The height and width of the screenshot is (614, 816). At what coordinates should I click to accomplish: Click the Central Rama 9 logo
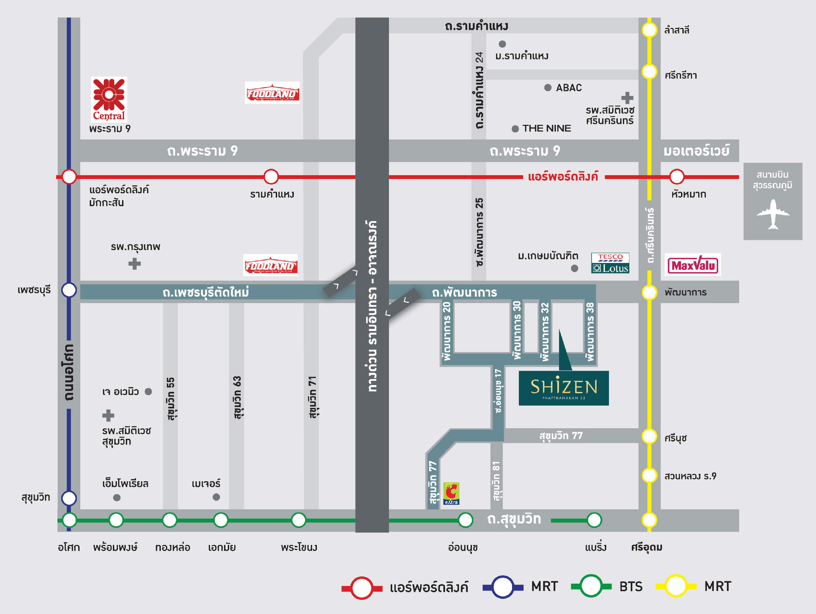pyautogui.click(x=109, y=99)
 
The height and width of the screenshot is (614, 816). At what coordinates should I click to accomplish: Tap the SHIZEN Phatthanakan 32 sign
pyautogui.click(x=563, y=388)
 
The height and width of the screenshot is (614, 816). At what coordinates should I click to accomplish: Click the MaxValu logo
pyautogui.click(x=693, y=265)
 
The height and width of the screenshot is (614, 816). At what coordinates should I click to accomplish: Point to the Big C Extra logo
pyautogui.click(x=451, y=493)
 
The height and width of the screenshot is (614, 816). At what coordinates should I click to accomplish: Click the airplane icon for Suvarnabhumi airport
pyautogui.click(x=773, y=214)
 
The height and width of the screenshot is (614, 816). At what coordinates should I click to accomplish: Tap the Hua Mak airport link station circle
pyautogui.click(x=677, y=177)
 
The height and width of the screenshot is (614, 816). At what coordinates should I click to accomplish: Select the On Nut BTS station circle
pyautogui.click(x=465, y=520)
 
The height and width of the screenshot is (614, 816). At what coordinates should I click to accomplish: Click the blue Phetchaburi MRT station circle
pyautogui.click(x=69, y=290)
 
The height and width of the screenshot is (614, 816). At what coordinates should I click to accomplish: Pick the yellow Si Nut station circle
pyautogui.click(x=649, y=436)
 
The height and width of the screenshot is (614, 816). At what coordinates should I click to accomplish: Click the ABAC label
pyautogui.click(x=568, y=88)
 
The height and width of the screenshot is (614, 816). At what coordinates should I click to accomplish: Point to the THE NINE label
pyautogui.click(x=546, y=128)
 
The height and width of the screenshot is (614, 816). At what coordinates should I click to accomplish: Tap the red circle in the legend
pyautogui.click(x=361, y=587)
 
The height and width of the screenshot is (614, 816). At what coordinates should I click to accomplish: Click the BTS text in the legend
pyautogui.click(x=630, y=586)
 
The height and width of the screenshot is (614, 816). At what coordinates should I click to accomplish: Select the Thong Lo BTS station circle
pyautogui.click(x=170, y=520)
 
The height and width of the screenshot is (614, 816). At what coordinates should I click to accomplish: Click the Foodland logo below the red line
pyautogui.click(x=270, y=265)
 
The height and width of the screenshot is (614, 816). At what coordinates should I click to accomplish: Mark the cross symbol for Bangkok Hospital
pyautogui.click(x=134, y=264)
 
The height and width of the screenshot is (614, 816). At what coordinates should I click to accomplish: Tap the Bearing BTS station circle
pyautogui.click(x=594, y=520)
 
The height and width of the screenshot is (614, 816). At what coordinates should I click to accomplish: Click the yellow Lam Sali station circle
pyautogui.click(x=649, y=30)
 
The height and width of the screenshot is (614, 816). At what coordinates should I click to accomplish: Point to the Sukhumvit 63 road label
pyautogui.click(x=237, y=397)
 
